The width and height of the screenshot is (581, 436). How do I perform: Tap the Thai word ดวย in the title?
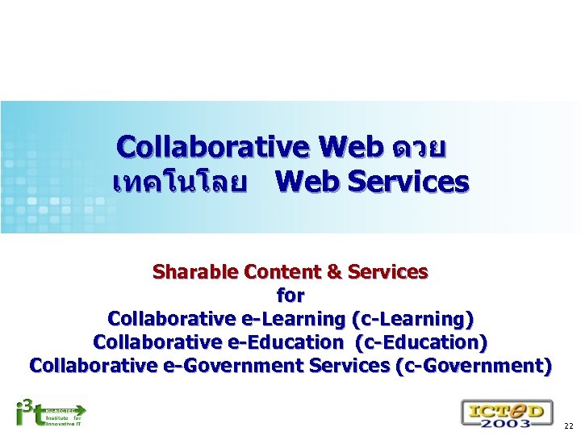[417, 149]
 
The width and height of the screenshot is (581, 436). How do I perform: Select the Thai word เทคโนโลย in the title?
[180, 182]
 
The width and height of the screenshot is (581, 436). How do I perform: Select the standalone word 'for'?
[290, 296]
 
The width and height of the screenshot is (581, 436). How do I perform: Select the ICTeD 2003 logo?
[507, 413]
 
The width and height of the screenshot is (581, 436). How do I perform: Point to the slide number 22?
[569, 426]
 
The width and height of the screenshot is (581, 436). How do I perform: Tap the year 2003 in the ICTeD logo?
[508, 422]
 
